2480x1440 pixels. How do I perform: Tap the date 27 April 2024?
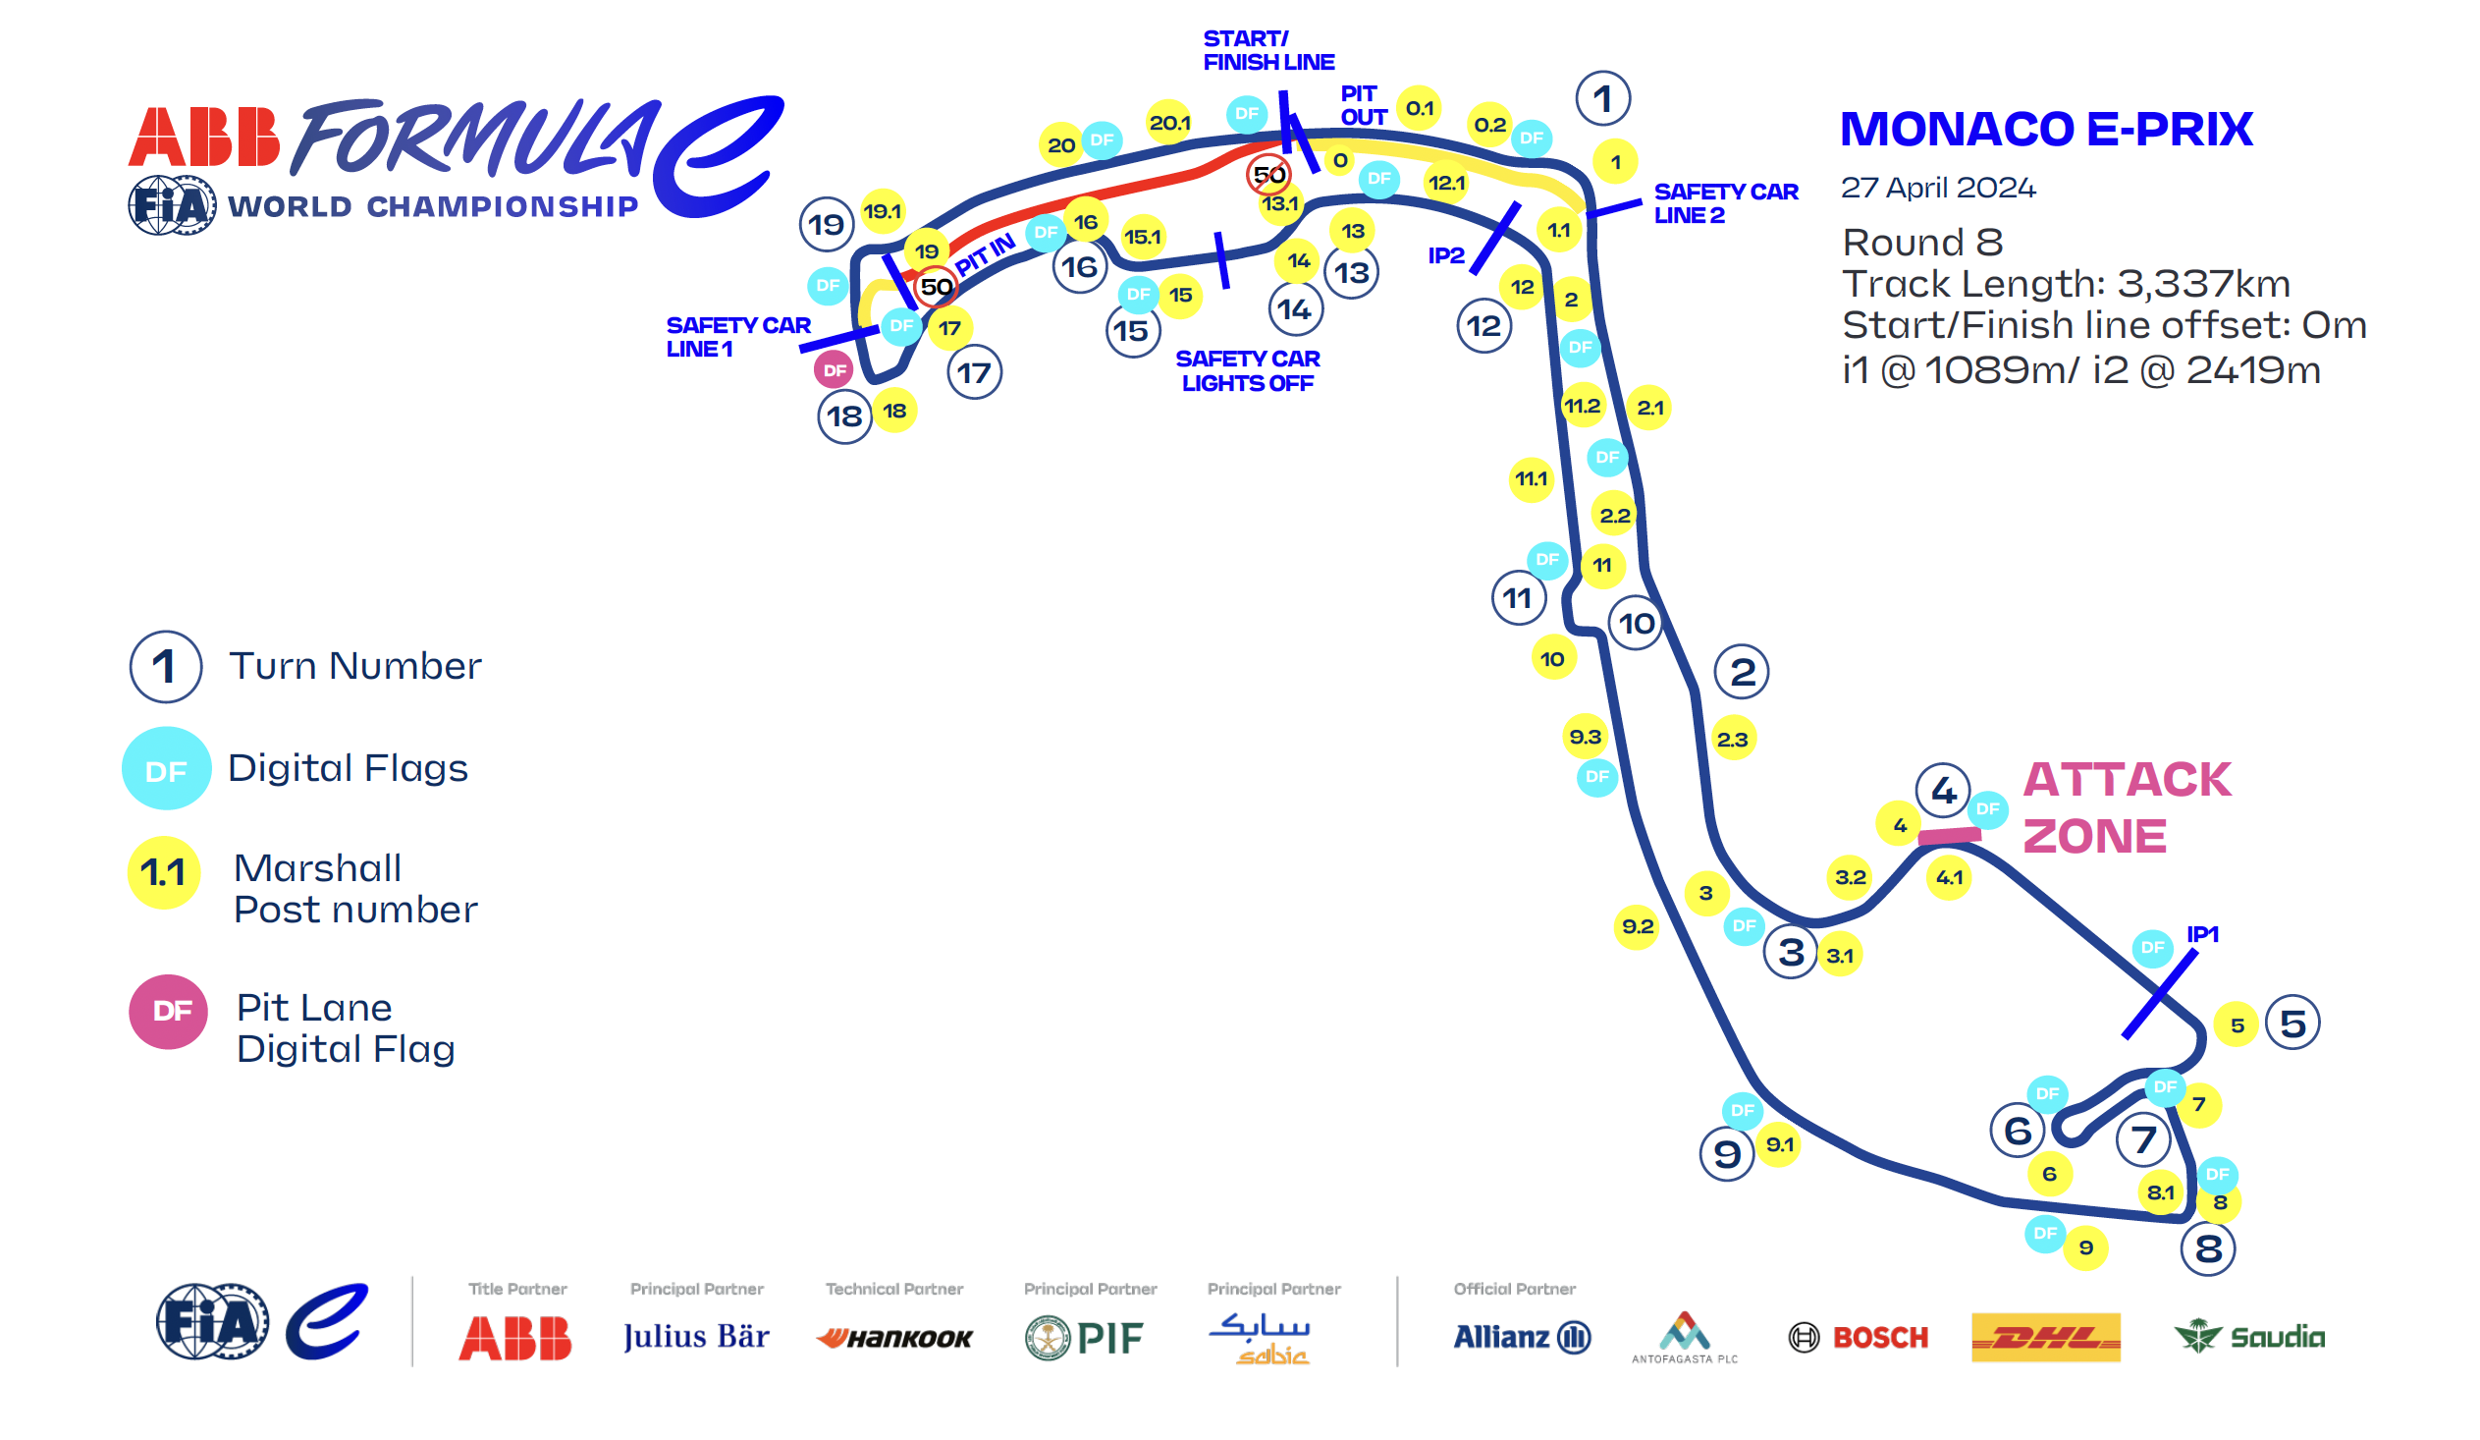click(1938, 188)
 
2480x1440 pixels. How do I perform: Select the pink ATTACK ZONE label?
click(2126, 808)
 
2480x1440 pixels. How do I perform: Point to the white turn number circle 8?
click(2207, 1249)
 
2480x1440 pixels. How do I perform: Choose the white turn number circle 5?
click(2292, 1024)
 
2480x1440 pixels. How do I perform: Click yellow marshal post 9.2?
click(1637, 927)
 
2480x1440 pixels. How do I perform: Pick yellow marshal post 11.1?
click(1532, 479)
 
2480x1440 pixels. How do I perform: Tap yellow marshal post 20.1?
click(1169, 123)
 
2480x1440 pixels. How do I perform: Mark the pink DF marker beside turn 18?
click(835, 371)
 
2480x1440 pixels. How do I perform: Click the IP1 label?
click(2202, 934)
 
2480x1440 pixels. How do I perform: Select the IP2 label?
click(1445, 256)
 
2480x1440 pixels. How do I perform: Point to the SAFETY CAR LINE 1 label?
click(738, 338)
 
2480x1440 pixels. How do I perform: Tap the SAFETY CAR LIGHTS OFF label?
click(1248, 371)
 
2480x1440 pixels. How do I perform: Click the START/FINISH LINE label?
click(1268, 50)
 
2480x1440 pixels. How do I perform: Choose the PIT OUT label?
click(1363, 105)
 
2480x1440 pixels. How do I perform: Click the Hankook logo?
click(894, 1339)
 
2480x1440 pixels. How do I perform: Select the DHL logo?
click(2046, 1338)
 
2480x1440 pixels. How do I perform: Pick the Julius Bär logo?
click(696, 1337)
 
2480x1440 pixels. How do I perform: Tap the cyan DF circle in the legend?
click(166, 769)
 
